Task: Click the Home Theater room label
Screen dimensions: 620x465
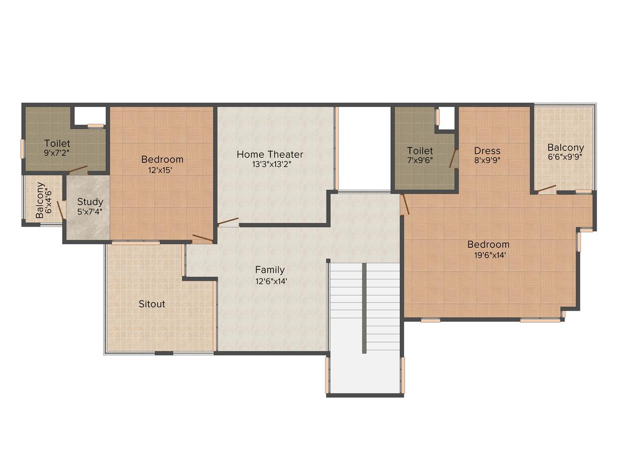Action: point(270,154)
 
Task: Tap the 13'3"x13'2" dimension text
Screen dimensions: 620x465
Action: point(272,164)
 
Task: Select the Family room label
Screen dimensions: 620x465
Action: point(270,270)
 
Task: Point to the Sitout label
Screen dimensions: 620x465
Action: point(152,304)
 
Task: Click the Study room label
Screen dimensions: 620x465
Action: point(90,201)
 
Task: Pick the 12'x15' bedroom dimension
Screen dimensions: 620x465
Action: point(160,170)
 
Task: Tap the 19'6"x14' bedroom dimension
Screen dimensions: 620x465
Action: point(490,255)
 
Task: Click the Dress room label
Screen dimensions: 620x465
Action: point(487,151)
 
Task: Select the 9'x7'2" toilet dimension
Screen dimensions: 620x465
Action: point(57,153)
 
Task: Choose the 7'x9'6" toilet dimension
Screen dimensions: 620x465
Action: point(420,160)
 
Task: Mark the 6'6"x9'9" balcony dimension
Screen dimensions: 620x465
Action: point(565,157)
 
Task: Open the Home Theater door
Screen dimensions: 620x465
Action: point(228,222)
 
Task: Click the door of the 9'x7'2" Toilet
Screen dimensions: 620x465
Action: point(77,169)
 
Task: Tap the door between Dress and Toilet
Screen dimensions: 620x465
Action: point(453,158)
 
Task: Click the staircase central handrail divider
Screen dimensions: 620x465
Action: point(364,308)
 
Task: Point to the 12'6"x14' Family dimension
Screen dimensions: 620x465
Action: point(272,281)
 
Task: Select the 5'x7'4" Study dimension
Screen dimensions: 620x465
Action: point(90,212)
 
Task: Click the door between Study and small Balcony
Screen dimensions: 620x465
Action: point(61,210)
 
